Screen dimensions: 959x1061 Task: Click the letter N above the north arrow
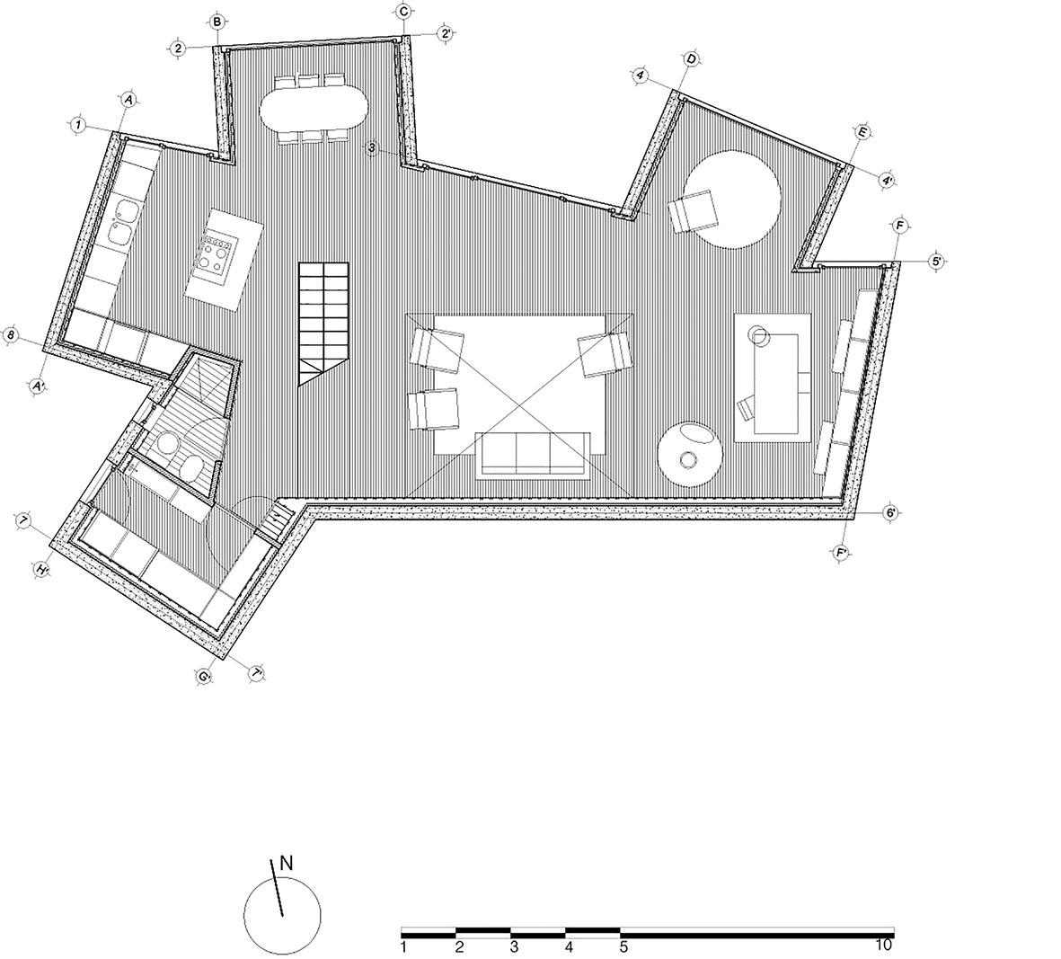pos(287,864)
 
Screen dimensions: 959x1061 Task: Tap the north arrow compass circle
pos(282,916)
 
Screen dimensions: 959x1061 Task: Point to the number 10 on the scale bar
pos(884,945)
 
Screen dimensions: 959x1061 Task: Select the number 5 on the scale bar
pos(623,945)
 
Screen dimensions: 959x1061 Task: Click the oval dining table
pos(314,111)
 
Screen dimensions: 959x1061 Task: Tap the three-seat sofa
pos(534,453)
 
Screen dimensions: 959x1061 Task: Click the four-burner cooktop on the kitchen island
pos(218,253)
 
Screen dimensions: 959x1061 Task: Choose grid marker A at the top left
pos(128,101)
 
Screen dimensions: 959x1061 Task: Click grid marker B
pos(217,22)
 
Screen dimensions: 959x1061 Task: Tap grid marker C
pos(404,11)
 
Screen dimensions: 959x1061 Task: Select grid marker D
pos(691,59)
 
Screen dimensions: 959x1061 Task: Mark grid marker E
pos(862,133)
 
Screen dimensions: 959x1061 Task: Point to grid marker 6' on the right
pos(891,512)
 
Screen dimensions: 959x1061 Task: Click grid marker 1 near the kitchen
pos(79,125)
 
